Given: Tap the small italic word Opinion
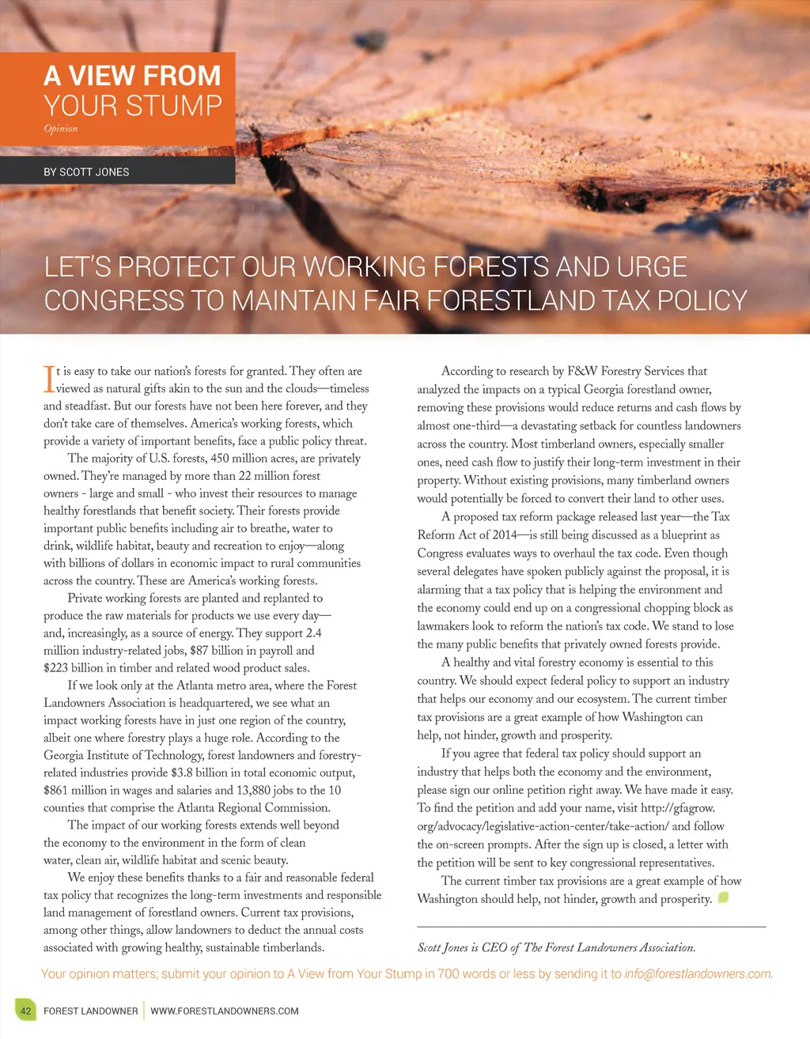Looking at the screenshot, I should pos(61,129).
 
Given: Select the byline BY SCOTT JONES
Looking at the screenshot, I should pos(86,172).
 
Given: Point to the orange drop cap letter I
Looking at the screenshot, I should pos(48,379).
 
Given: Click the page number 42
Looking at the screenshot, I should pos(26,1011).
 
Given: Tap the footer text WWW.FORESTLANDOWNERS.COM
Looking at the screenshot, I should pos(225,1011).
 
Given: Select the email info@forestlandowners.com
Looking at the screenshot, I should pos(698,973).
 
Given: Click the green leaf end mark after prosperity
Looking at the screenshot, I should pos(722,897).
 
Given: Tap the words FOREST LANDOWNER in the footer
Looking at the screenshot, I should pos(91,1011).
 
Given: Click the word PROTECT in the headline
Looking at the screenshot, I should pos(176,267).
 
